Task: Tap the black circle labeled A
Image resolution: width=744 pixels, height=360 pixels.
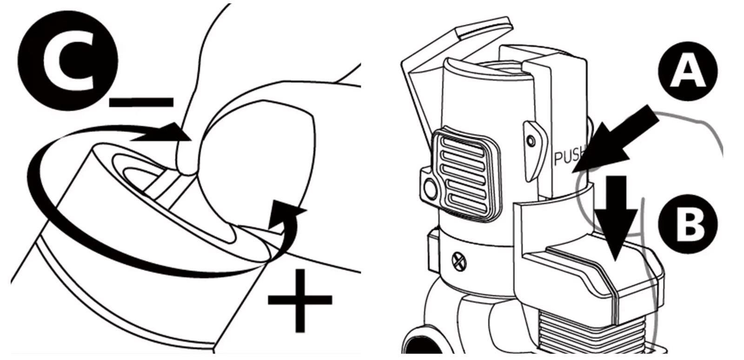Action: coord(688,71)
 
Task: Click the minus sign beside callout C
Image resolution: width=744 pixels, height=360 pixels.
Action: coord(141,102)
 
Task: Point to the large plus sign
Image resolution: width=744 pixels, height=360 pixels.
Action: coord(300,300)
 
